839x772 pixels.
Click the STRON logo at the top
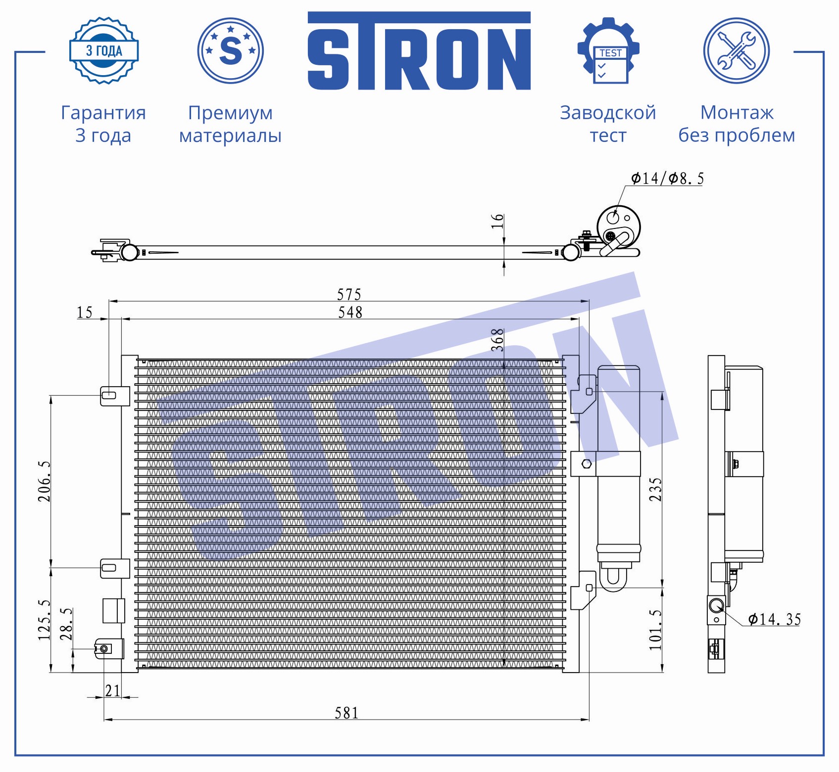[x=419, y=51]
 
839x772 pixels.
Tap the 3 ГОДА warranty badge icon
[x=103, y=50]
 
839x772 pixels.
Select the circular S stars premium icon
[x=231, y=50]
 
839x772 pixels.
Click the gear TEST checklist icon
[x=608, y=50]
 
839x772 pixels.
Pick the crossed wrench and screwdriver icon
[x=737, y=50]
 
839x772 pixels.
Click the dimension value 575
[x=349, y=295]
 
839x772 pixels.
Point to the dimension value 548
[x=350, y=313]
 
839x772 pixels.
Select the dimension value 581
[x=346, y=713]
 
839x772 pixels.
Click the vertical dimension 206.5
[x=45, y=481]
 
